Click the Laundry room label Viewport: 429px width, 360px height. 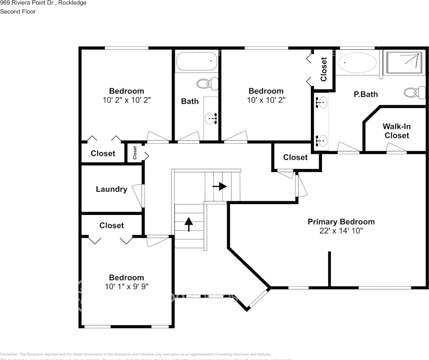(x=111, y=189)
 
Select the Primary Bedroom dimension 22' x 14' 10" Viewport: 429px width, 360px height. (x=341, y=231)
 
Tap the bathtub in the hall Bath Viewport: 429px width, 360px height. (x=197, y=61)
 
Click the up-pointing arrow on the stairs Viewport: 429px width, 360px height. (x=189, y=224)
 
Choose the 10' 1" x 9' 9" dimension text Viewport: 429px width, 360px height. (x=126, y=286)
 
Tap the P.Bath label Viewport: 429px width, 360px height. (x=366, y=94)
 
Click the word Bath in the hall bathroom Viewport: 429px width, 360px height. (x=190, y=101)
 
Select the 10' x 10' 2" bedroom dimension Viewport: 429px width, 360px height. (x=266, y=100)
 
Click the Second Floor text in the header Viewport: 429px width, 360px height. (x=18, y=12)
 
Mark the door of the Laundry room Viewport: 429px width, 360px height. (x=139, y=195)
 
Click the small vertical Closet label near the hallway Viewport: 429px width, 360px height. (x=135, y=153)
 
